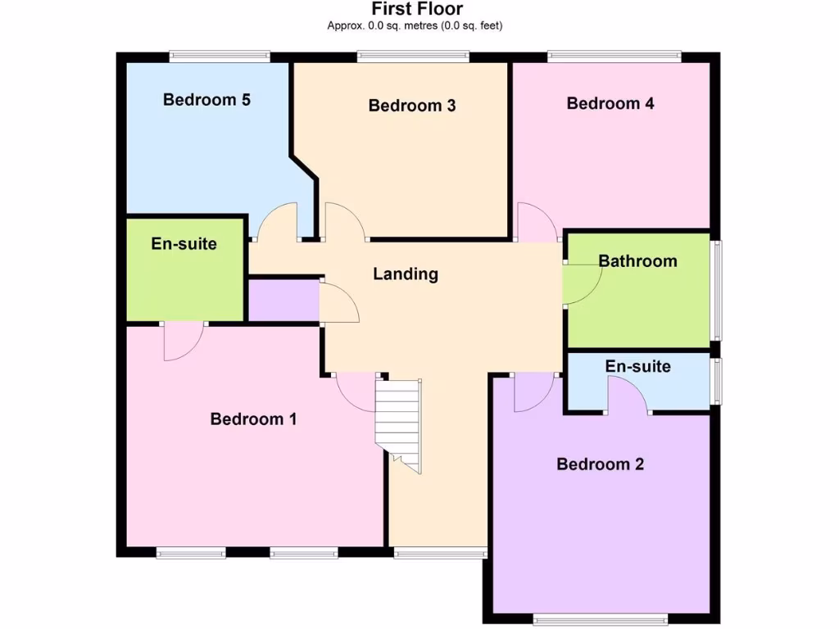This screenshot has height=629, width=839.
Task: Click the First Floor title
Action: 417,9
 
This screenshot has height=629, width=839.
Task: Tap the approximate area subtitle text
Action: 415,25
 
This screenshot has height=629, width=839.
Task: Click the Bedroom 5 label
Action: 206,100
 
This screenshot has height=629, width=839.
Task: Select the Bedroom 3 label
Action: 412,106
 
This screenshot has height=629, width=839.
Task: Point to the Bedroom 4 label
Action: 610,103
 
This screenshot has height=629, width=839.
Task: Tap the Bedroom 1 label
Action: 253,419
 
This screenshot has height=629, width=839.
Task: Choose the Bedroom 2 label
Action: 601,464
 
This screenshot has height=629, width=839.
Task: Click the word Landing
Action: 406,274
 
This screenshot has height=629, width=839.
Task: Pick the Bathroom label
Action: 638,261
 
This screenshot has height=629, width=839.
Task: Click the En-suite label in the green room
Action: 184,243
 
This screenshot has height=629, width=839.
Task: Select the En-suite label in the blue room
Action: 638,366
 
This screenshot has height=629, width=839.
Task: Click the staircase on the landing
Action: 399,424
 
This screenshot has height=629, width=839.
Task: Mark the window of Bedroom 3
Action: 414,57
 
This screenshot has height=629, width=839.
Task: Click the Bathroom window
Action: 716,290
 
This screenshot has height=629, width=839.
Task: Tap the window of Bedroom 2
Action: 601,618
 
